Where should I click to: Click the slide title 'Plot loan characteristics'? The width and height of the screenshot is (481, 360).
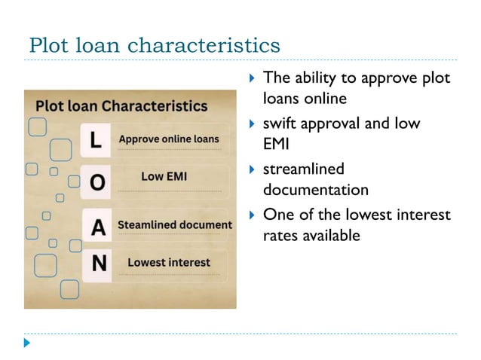click(x=154, y=45)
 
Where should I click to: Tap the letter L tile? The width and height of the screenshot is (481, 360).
click(x=94, y=139)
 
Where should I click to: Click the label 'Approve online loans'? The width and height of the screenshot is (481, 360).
click(x=169, y=139)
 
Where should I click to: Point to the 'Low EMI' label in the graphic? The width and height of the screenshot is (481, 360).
click(x=164, y=178)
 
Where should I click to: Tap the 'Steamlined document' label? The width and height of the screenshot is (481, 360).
click(x=175, y=225)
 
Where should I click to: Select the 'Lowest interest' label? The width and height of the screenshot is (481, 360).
click(x=169, y=262)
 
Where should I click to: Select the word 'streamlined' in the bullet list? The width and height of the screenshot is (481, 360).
click(x=303, y=169)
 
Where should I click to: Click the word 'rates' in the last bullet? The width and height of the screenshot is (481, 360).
click(x=280, y=236)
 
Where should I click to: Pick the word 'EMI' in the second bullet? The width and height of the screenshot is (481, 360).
click(x=276, y=143)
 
